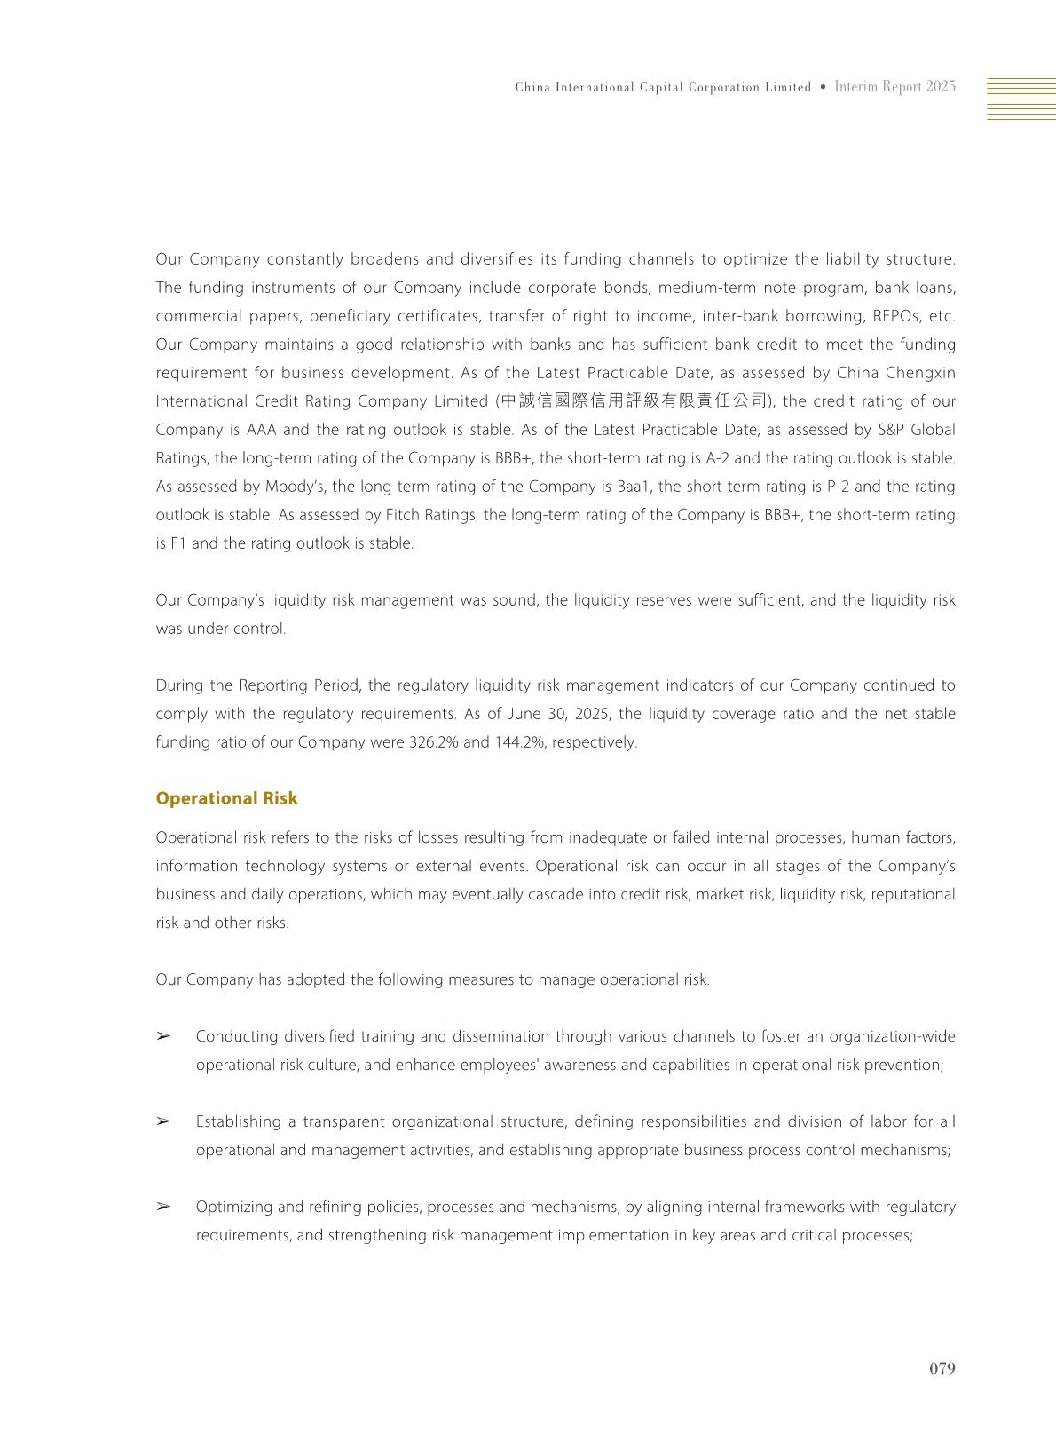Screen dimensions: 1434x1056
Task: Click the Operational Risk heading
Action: pyautogui.click(x=226, y=798)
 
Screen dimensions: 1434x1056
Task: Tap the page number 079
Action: pyautogui.click(x=942, y=1368)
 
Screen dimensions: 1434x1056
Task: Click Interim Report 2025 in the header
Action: pyautogui.click(x=894, y=87)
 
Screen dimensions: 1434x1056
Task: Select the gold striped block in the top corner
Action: pyautogui.click(x=1021, y=99)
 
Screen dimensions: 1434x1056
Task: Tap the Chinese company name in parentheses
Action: pyautogui.click(x=632, y=401)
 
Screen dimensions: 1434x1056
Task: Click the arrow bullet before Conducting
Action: pyautogui.click(x=163, y=1036)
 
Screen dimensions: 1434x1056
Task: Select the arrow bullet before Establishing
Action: pyautogui.click(x=163, y=1121)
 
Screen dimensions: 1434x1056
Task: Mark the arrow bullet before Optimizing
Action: pyautogui.click(x=163, y=1207)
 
